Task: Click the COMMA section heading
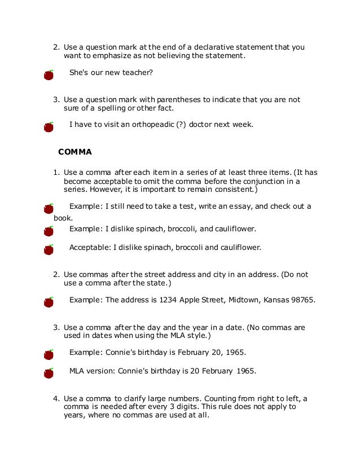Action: tap(75, 152)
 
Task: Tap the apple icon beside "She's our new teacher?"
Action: tap(49, 75)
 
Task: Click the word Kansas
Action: tap(274, 300)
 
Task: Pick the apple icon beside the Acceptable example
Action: tap(49, 249)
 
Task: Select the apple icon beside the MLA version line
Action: tap(49, 373)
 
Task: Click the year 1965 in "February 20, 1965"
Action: tap(235, 353)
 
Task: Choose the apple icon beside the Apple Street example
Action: tap(49, 302)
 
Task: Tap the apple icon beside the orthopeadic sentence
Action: tap(49, 126)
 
